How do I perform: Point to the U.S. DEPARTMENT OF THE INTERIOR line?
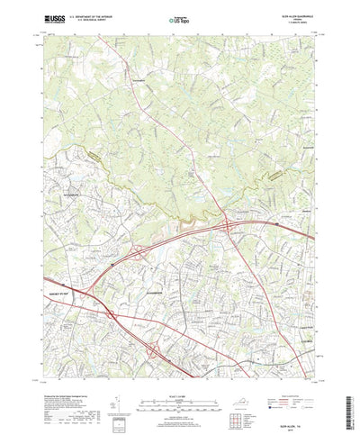pyautogui.click(x=96, y=15)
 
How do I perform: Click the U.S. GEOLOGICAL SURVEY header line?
pyautogui.click(x=96, y=20)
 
